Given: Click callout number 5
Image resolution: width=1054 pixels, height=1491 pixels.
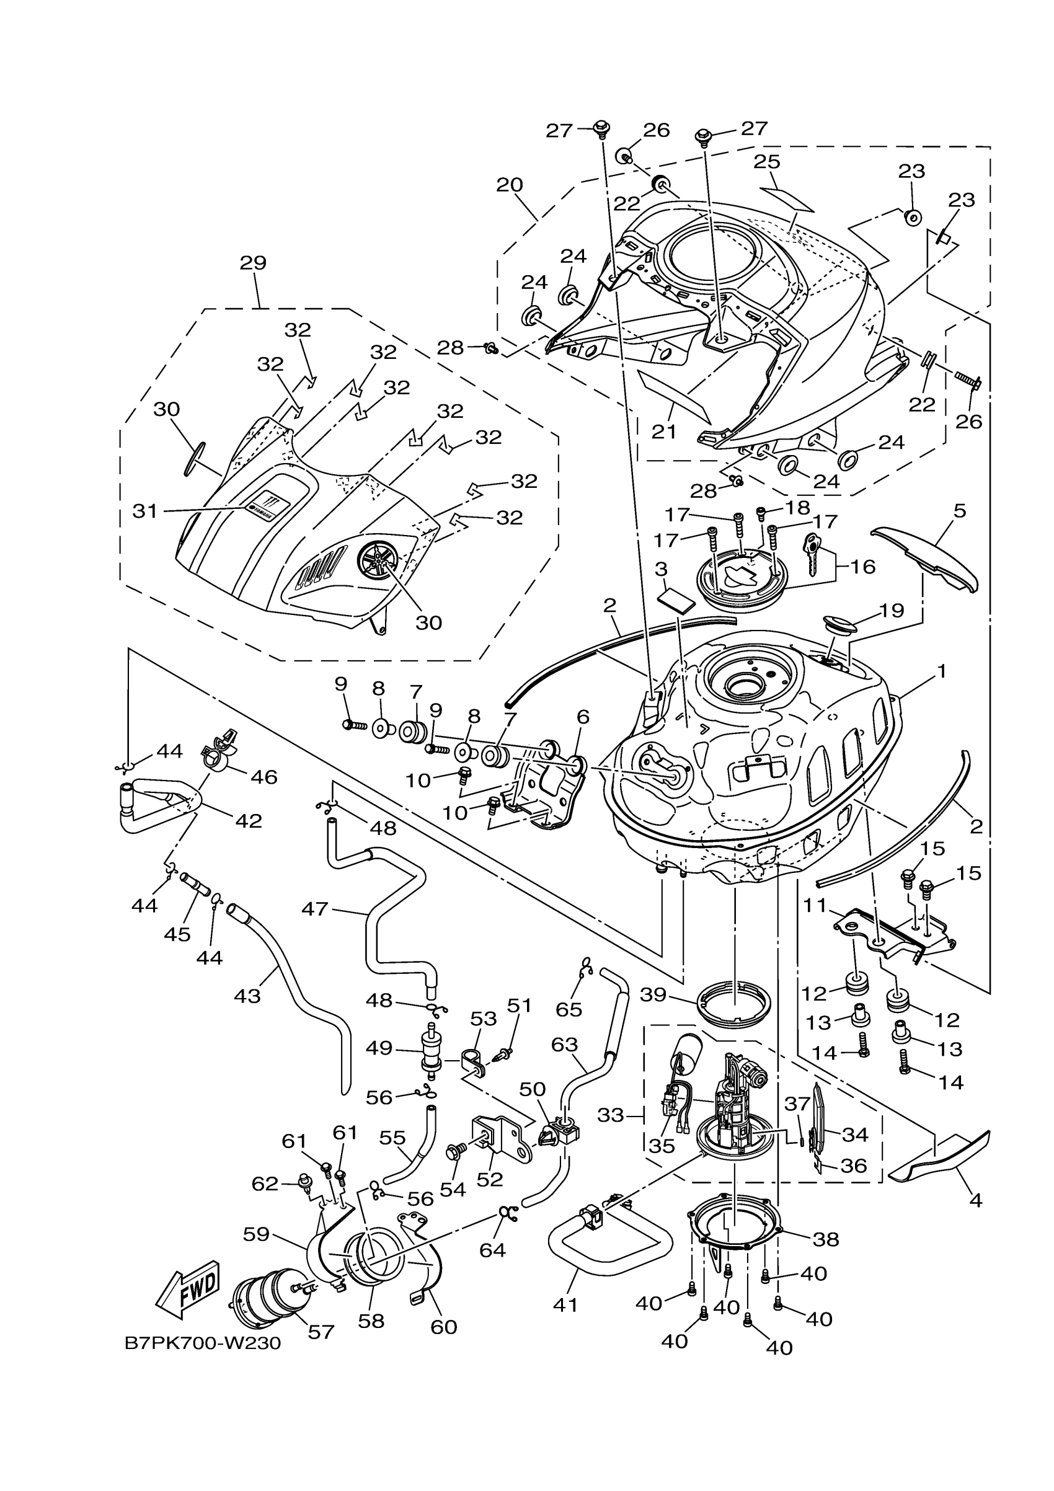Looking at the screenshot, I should (x=960, y=510).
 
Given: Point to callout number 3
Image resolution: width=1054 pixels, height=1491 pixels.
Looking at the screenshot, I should (x=661, y=570).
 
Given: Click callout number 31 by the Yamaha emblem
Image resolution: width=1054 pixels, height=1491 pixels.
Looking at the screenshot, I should (x=145, y=511).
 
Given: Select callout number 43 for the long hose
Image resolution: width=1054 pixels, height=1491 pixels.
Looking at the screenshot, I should (x=247, y=996).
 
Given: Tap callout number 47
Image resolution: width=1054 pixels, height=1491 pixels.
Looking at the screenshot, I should (x=315, y=908).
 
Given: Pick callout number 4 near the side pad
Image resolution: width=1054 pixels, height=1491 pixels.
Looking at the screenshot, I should (x=975, y=1201).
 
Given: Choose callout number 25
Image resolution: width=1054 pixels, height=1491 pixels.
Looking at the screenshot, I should (x=767, y=162).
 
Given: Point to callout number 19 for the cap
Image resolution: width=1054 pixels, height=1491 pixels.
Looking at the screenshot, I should (x=892, y=611).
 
